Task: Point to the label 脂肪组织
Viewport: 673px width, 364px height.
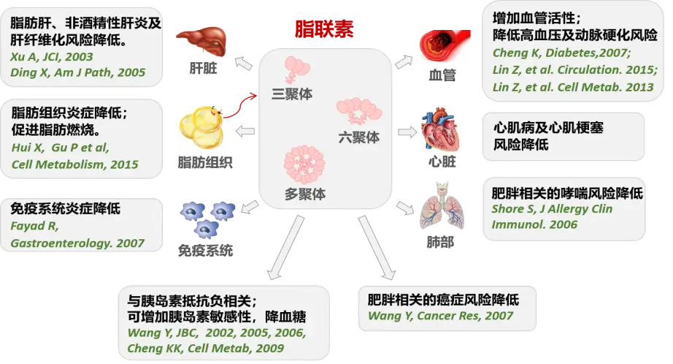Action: click(201, 160)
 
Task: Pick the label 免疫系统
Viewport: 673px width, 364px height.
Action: click(206, 250)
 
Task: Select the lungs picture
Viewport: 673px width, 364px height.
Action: click(440, 212)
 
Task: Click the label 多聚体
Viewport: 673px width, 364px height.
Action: click(305, 194)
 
